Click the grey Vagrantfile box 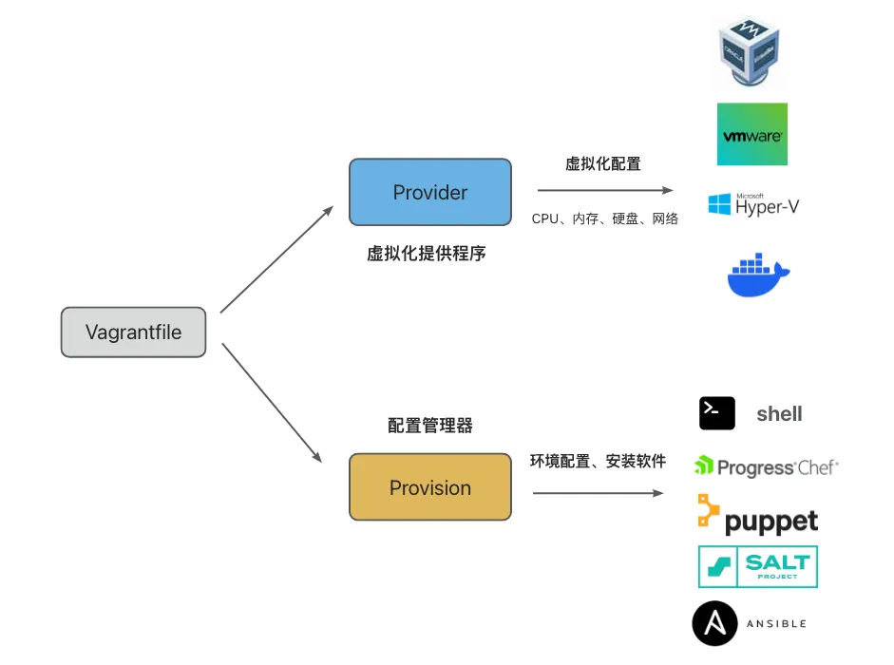[133, 332]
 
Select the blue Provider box [430, 192]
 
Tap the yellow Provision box [430, 487]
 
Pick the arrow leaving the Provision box [598, 493]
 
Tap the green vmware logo [752, 135]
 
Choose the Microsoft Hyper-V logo [753, 204]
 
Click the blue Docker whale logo [758, 275]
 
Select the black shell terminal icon [717, 413]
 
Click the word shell [779, 414]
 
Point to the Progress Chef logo [766, 466]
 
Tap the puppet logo [757, 516]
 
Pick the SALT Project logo [757, 566]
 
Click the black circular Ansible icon [715, 623]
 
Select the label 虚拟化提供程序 [427, 254]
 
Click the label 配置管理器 [430, 426]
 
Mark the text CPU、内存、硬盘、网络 [605, 219]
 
